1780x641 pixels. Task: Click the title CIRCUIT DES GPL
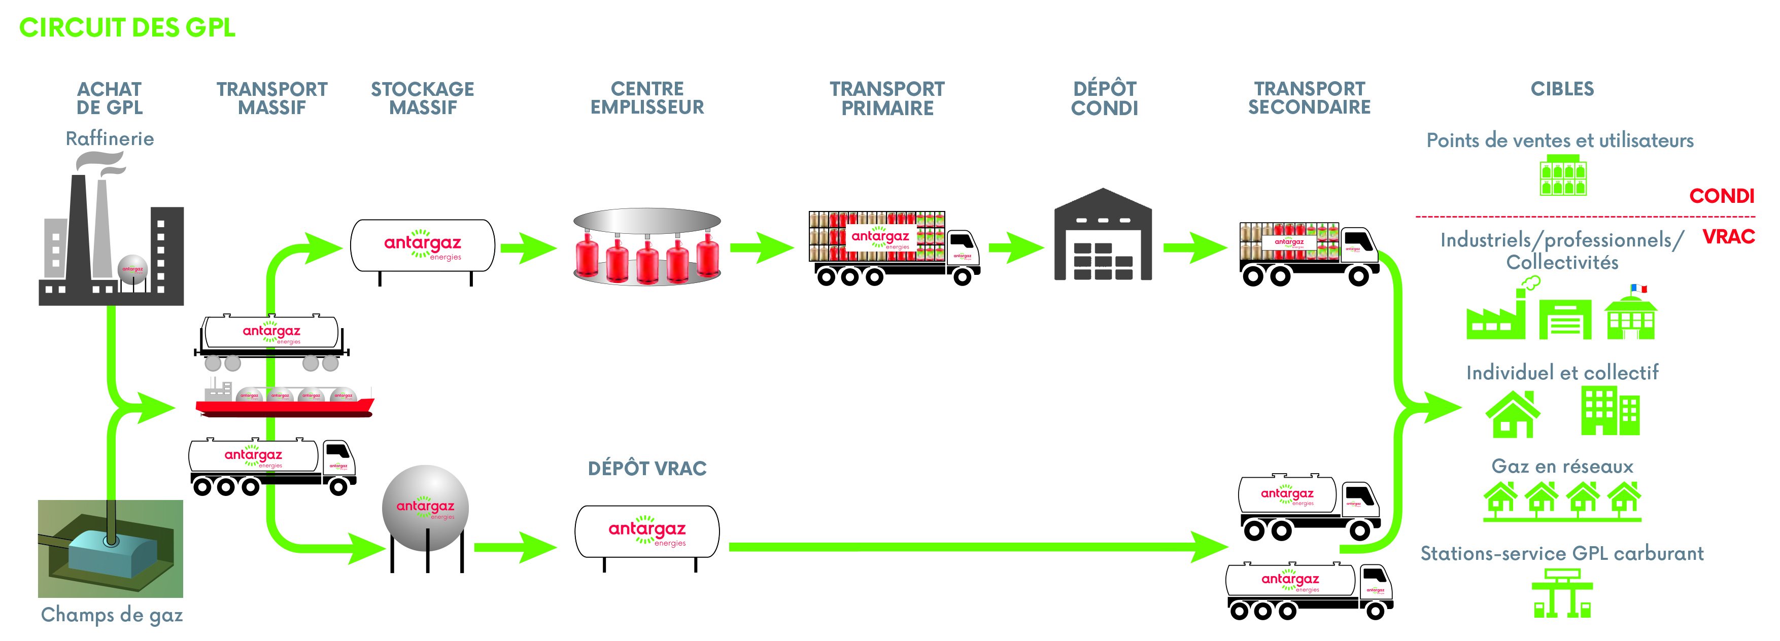pos(127,27)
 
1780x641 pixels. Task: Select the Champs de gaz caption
pos(111,614)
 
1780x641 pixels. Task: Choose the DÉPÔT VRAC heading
pos(647,468)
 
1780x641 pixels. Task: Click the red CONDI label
pos(1721,196)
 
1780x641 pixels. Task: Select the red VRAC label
pos(1728,237)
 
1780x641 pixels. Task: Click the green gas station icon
pos(1562,594)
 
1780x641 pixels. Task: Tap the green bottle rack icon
pos(1563,176)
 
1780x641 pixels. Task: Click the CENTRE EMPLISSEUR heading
pos(647,98)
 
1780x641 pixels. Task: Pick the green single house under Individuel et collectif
pos(1513,414)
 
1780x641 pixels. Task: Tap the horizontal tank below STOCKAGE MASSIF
pos(423,246)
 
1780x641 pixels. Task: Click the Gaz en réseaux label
pos(1562,466)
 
